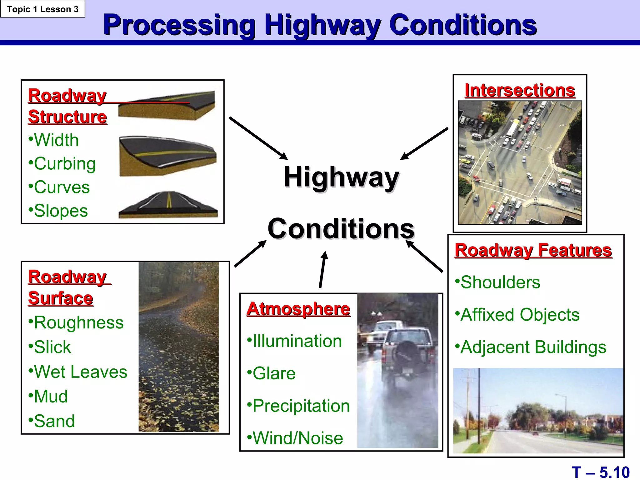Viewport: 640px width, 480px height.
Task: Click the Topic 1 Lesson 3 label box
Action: tap(42, 9)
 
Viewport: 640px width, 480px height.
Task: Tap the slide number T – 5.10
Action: tap(600, 472)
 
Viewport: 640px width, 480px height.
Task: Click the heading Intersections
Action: tap(520, 91)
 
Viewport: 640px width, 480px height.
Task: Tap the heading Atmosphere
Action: tap(298, 309)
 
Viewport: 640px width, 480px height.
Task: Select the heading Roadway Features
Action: tap(533, 250)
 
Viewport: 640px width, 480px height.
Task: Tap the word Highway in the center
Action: tap(341, 177)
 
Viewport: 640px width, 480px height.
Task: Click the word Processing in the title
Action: tap(180, 25)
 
